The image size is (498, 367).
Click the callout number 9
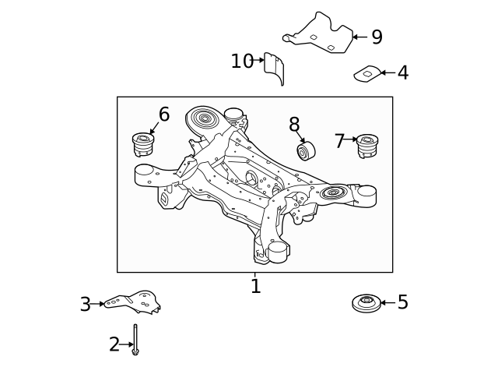click(x=377, y=37)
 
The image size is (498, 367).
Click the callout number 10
click(x=242, y=61)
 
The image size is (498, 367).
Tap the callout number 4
click(x=402, y=73)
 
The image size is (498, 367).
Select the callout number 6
click(x=163, y=115)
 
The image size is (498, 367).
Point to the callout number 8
click(x=294, y=124)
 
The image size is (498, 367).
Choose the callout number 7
click(x=339, y=141)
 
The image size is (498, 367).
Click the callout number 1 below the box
click(x=255, y=287)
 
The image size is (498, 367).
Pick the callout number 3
click(x=86, y=305)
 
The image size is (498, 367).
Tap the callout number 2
click(x=114, y=344)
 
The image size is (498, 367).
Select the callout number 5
click(x=402, y=302)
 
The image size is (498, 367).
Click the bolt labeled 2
click(x=135, y=341)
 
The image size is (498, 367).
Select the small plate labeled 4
click(x=366, y=74)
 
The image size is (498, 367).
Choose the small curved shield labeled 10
click(x=274, y=67)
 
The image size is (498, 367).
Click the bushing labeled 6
click(x=144, y=143)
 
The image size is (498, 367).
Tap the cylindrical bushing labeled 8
click(x=304, y=150)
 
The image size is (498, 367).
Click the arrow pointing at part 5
click(x=387, y=302)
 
